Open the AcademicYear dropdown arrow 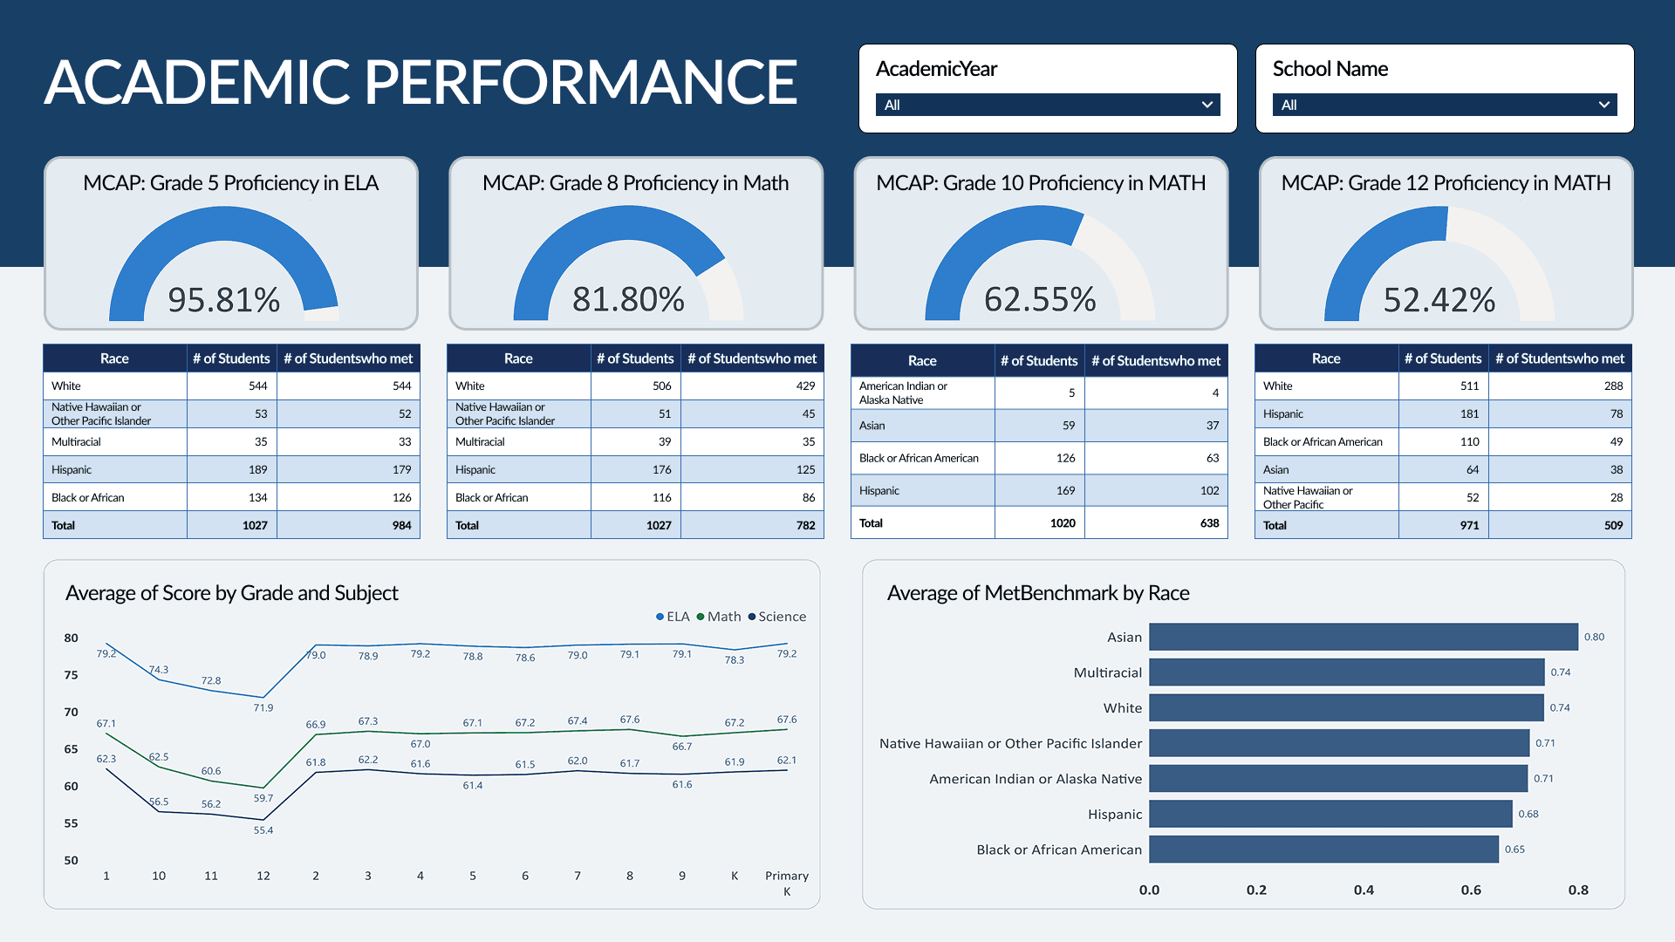point(1207,105)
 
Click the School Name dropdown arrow point(1603,105)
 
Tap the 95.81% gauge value point(223,300)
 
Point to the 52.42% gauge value point(1439,300)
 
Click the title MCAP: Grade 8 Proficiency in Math point(635,183)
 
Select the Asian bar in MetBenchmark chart point(1363,637)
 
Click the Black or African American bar point(1323,850)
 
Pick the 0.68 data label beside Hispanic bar point(1528,814)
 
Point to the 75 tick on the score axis point(71,675)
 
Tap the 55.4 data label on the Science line point(263,830)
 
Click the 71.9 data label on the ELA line point(263,707)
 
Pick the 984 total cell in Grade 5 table point(401,525)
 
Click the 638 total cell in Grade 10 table point(1209,523)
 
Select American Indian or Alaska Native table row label point(903,392)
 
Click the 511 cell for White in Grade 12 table point(1469,386)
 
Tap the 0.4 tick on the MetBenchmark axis point(1364,890)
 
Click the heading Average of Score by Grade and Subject point(231,593)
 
